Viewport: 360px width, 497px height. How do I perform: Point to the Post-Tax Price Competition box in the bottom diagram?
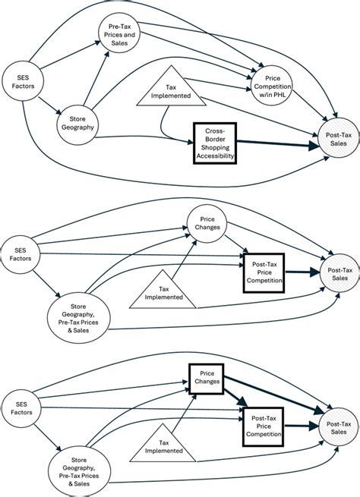coord(263,425)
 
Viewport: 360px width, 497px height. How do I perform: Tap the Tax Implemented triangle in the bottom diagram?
coord(162,445)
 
